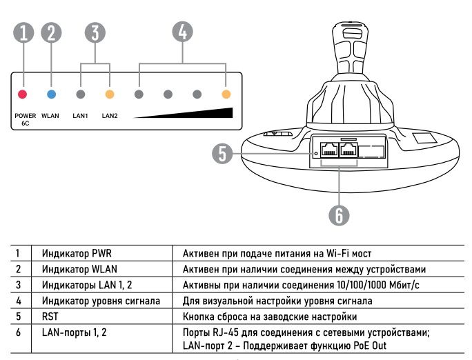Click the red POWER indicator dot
point(22,93)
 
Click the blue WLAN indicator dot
point(51,93)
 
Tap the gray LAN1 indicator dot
point(81,93)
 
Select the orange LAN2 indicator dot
point(110,93)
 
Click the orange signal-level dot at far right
point(226,93)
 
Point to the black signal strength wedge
point(200,114)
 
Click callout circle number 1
point(23,33)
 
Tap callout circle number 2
point(51,33)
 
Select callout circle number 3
point(95,33)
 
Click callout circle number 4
point(182,32)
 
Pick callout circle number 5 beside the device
point(222,153)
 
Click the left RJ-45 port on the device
point(331,150)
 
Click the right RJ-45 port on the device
point(348,150)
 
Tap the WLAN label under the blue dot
point(50,116)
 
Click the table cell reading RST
point(49,317)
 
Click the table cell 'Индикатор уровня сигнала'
point(101,301)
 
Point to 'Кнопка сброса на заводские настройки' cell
point(270,317)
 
